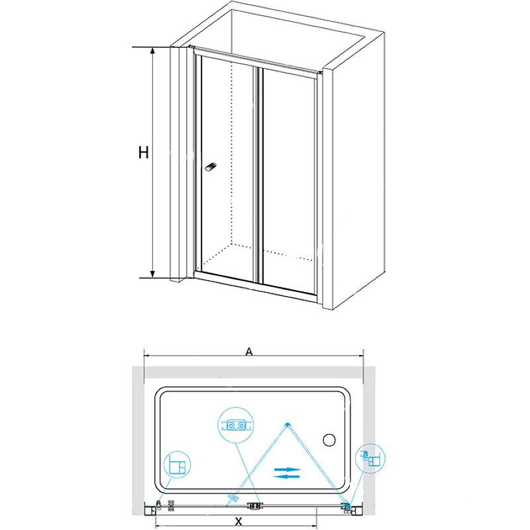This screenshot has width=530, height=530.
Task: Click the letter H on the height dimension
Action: (x=143, y=153)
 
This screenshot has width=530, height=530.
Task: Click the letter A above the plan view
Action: (x=248, y=353)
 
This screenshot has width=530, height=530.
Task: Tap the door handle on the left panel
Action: (x=211, y=166)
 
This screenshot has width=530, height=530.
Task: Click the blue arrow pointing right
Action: (x=288, y=469)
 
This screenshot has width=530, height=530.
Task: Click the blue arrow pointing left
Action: (x=287, y=476)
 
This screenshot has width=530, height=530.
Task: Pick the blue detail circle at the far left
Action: (x=175, y=464)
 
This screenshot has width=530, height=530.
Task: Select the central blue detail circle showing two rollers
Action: (x=235, y=424)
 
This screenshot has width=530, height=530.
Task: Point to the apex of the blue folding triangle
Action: (x=287, y=425)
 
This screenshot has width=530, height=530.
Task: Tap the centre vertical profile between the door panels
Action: (x=258, y=174)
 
